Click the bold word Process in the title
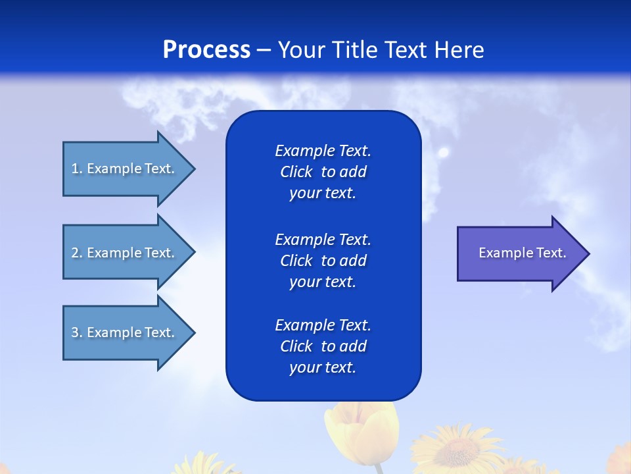(206, 50)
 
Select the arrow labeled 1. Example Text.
(125, 169)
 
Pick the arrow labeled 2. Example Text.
(125, 253)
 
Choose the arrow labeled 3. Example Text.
(125, 332)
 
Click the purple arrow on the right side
(519, 253)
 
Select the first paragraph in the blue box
(323, 172)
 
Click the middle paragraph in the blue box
(323, 261)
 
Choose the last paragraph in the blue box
(323, 346)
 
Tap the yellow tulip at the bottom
(360, 434)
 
